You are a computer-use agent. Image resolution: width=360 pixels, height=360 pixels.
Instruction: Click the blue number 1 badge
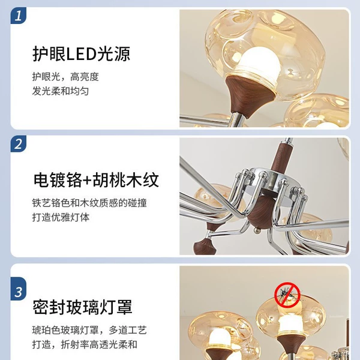pos(19,16)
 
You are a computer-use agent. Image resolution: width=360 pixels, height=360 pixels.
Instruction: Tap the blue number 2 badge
pos(19,143)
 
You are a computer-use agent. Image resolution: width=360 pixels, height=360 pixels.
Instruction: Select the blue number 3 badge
pos(19,292)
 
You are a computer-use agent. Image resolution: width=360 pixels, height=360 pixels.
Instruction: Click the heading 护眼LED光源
pos(82,54)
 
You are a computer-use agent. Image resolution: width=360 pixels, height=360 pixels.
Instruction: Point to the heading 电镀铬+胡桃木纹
pos(96,180)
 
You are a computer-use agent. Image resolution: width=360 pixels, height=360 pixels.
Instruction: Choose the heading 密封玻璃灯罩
pos(82,307)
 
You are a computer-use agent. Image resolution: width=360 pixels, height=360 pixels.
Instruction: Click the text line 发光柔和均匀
pos(61,91)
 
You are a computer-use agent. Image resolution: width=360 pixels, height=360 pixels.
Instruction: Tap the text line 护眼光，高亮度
pos(65,77)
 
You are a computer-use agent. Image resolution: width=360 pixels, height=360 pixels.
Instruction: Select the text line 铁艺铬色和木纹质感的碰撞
pos(89,203)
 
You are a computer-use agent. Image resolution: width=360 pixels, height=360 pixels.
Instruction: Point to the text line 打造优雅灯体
pos(61,217)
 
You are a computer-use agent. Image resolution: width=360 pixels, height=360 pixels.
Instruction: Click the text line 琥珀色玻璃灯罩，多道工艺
pos(89,330)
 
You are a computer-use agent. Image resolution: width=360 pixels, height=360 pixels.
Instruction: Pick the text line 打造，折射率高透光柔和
pos(85,344)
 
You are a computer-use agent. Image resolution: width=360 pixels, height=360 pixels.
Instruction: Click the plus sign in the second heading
pos(87,181)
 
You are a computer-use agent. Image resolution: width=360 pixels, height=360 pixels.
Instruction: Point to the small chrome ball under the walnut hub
pos(257,230)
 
